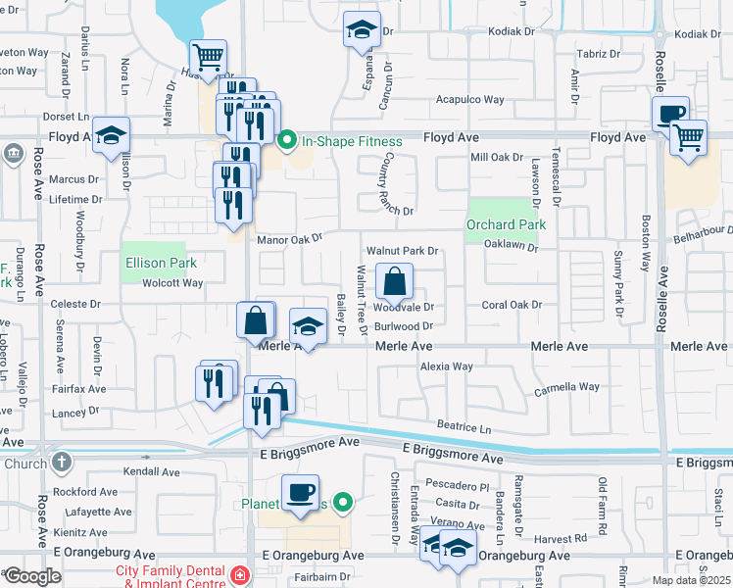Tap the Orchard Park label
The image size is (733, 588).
(505, 224)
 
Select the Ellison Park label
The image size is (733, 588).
(160, 263)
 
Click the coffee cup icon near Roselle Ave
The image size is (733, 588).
(670, 114)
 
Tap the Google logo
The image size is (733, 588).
(31, 575)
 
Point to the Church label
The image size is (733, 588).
(24, 465)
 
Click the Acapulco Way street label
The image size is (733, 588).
(469, 100)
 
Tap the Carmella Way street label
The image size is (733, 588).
(565, 387)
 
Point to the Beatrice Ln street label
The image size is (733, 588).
(464, 427)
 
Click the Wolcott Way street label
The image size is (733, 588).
(171, 283)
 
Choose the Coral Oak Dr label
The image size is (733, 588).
(512, 305)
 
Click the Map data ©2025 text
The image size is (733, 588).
(692, 580)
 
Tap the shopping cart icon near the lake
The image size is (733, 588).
(208, 59)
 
